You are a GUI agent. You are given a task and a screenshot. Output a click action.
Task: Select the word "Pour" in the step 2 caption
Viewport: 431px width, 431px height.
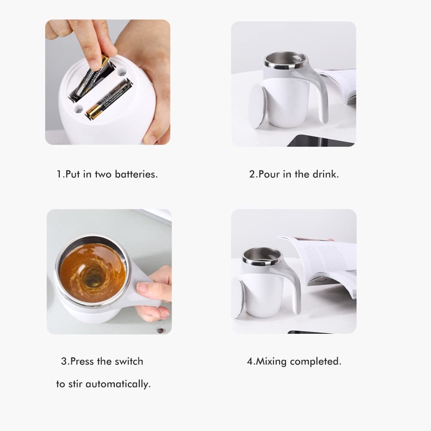[x=269, y=175]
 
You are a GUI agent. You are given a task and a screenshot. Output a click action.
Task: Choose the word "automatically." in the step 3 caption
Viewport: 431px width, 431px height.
[x=118, y=384]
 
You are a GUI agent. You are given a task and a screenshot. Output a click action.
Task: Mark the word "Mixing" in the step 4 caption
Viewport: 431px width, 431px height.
[x=271, y=361]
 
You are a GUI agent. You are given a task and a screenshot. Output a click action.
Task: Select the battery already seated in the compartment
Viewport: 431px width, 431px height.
[x=108, y=101]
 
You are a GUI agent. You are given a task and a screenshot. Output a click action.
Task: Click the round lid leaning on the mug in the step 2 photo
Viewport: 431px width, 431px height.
[x=258, y=105]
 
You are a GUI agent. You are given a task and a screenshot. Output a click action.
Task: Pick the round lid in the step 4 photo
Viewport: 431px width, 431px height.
[x=237, y=297]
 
